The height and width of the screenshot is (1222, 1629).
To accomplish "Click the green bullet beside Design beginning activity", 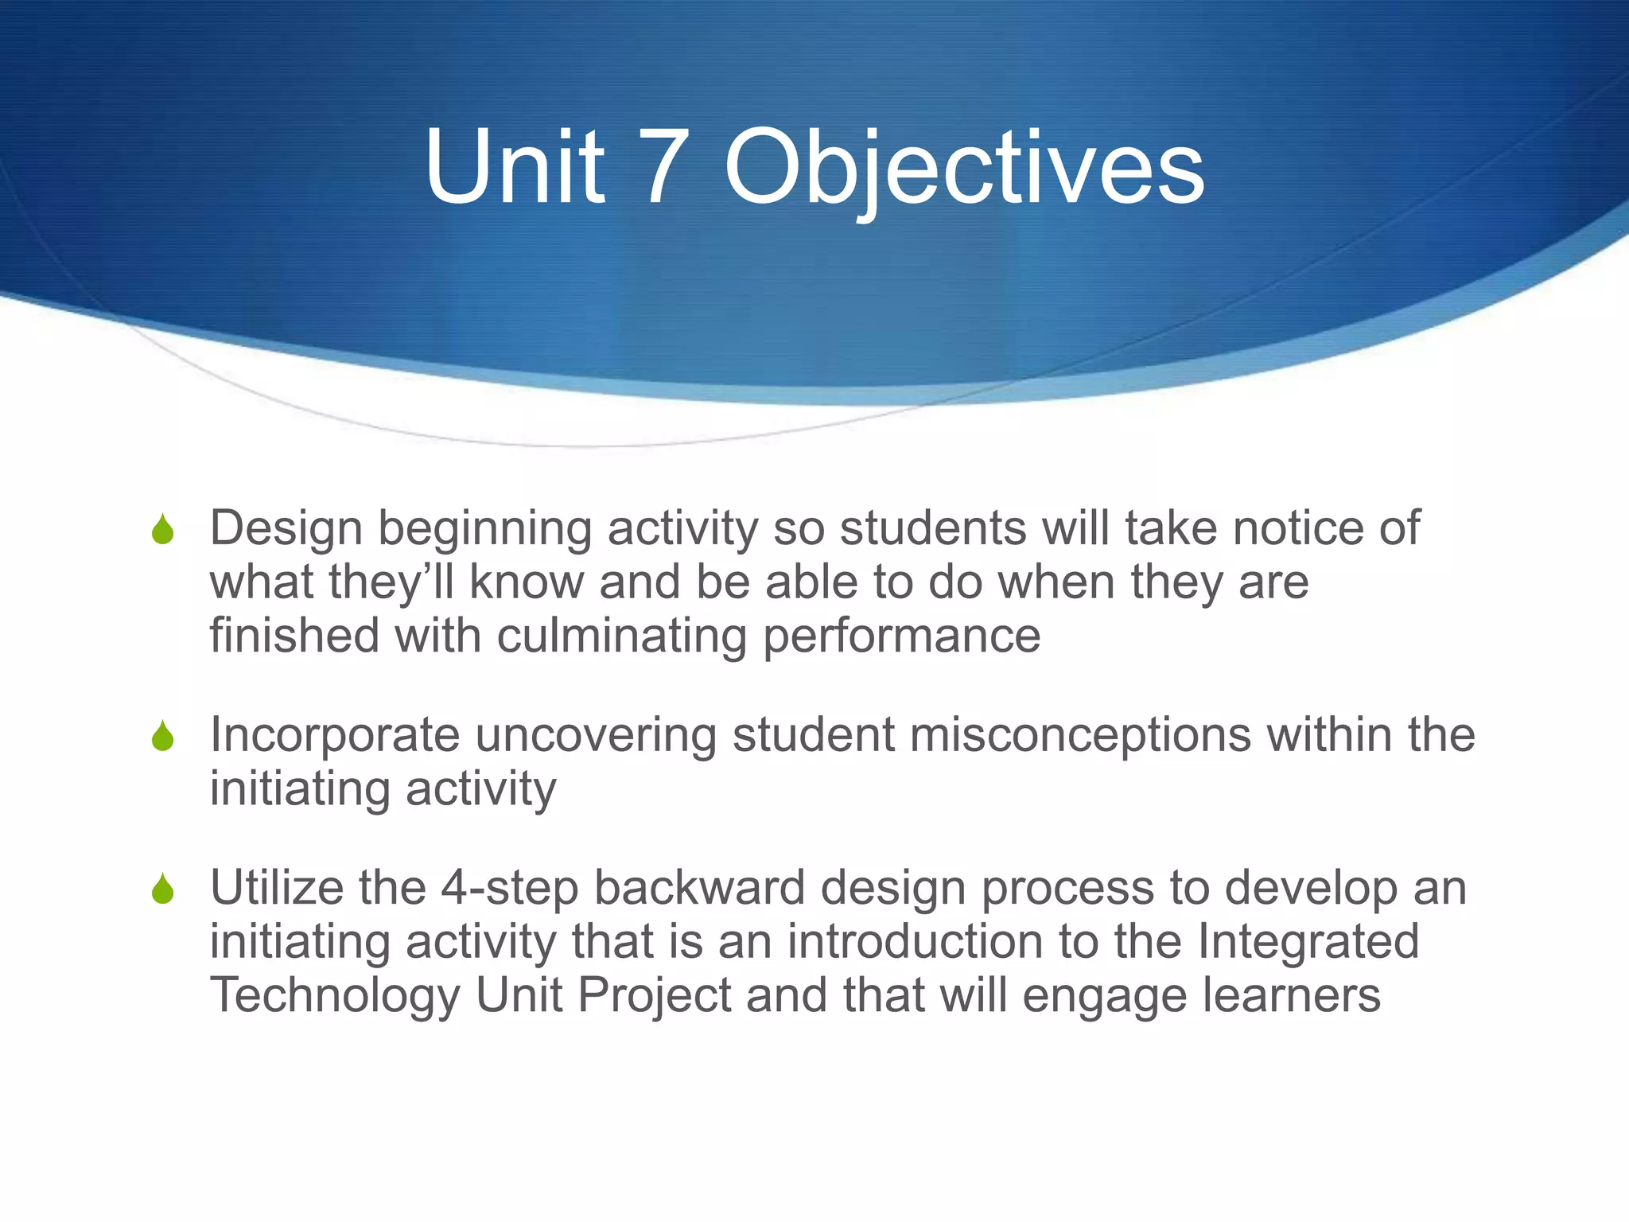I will click(x=162, y=530).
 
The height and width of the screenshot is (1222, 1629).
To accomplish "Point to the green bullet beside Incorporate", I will click(x=162, y=736).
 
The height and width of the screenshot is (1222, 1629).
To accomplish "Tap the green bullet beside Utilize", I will click(x=162, y=889).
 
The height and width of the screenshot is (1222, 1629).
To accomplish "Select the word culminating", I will click(x=622, y=636).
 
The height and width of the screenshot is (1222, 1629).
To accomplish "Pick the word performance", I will click(x=902, y=636).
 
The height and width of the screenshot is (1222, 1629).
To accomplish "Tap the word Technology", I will click(x=335, y=995).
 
